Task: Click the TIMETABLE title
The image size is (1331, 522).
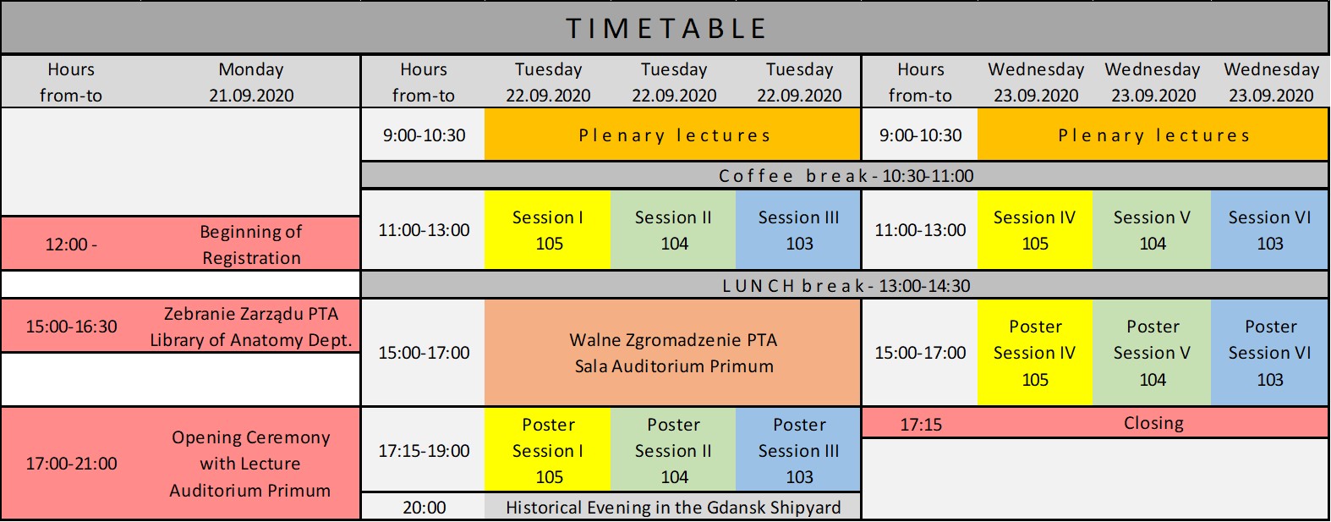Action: [x=666, y=29]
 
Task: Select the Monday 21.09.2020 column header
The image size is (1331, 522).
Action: [x=251, y=82]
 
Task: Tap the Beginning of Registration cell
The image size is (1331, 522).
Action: [x=251, y=245]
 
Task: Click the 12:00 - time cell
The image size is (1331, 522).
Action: [x=71, y=245]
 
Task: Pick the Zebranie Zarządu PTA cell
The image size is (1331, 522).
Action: [x=251, y=327]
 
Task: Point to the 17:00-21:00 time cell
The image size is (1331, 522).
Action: [x=71, y=463]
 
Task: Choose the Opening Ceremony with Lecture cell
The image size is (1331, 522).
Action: [x=251, y=463]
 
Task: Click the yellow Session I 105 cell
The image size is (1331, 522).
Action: [x=548, y=230]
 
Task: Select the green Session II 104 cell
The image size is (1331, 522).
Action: [x=673, y=230]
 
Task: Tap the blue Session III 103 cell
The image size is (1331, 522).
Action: [x=798, y=230]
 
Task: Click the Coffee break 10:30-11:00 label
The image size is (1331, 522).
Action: [x=846, y=176]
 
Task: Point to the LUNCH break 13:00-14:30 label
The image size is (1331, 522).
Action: [x=846, y=286]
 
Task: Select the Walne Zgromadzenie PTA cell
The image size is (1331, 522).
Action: [x=672, y=353]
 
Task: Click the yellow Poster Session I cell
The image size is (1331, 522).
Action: [x=548, y=450]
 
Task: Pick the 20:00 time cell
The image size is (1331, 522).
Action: [x=424, y=507]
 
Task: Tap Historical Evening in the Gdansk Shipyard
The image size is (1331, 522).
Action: [x=673, y=507]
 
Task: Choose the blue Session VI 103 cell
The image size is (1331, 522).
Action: [x=1270, y=230]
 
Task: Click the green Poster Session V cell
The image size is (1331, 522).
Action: [x=1152, y=353]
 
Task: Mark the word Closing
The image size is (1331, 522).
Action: [x=1153, y=423]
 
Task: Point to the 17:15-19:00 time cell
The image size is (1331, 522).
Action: [x=424, y=450]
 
